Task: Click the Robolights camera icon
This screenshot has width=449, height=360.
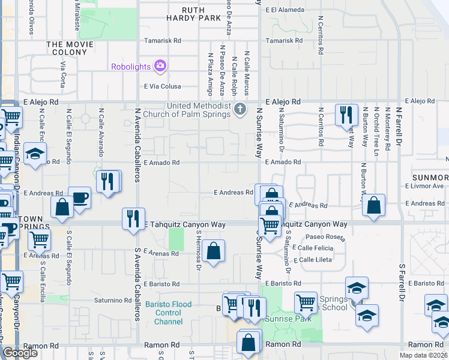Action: (160, 67)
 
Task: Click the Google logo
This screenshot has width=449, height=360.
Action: (20, 352)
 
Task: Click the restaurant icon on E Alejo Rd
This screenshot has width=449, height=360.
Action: (346, 114)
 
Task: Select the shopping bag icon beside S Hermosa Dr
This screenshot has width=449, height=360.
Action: (213, 250)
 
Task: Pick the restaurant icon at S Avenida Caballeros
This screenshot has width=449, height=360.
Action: (133, 218)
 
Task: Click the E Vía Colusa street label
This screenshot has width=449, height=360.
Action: (163, 86)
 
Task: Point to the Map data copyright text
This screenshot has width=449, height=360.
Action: (423, 355)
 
